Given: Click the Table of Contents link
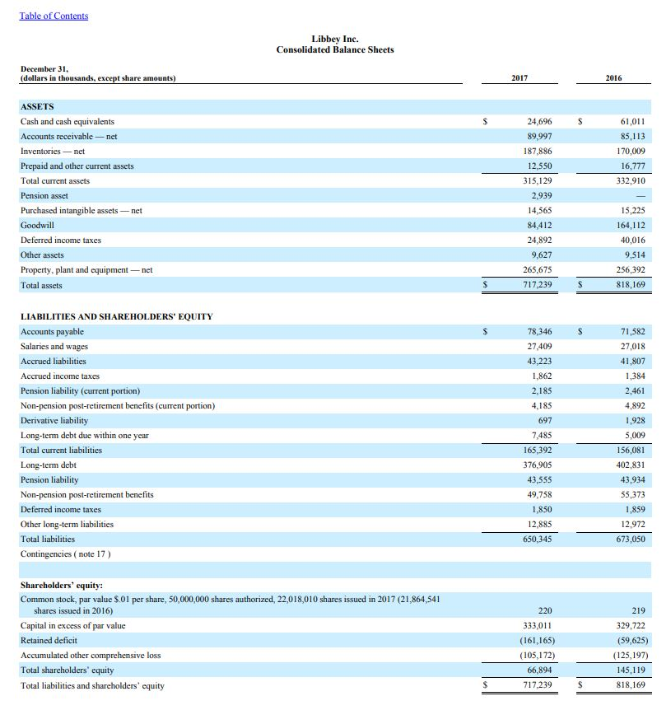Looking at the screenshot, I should point(54,16).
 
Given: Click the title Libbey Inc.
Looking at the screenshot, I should point(335,39).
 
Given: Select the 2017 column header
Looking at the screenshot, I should point(519,78).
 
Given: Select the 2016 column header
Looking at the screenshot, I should point(613,78).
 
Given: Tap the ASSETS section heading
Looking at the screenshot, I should point(37,106).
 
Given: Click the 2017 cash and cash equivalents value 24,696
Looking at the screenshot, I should point(539,122).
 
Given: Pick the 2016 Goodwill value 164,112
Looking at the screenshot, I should point(631,225).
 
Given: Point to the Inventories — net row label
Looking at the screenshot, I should point(53,152).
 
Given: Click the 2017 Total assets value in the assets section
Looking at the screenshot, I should point(539,285).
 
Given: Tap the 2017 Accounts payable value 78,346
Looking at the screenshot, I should point(539,332).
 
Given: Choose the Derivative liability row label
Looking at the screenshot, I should point(54,421).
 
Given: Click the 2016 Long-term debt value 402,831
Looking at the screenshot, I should point(631,465).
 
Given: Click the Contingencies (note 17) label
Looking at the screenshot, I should point(65,554).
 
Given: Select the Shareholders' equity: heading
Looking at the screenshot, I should point(62,586).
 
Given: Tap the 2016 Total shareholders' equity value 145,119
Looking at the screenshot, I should point(631,670).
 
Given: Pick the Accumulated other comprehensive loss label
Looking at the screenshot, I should point(91,656).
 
